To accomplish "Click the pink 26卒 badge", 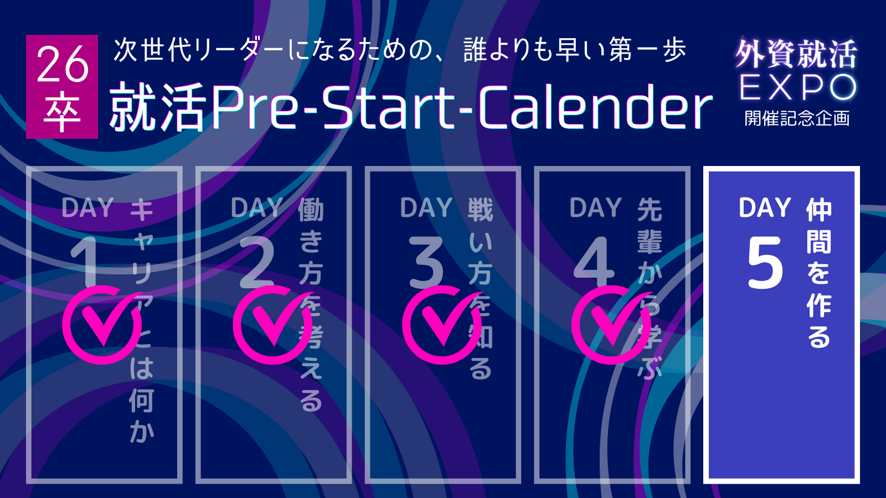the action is [62, 86].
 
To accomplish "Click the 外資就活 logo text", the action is [796, 54].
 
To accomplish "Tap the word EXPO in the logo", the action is [797, 87].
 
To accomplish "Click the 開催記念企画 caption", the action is [797, 118].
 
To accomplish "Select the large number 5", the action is [765, 263].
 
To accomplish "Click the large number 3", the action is [426, 263].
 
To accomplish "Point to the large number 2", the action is [256, 263].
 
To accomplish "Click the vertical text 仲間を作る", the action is [819, 273].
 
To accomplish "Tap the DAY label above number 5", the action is [765, 207].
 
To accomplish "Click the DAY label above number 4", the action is [596, 207].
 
